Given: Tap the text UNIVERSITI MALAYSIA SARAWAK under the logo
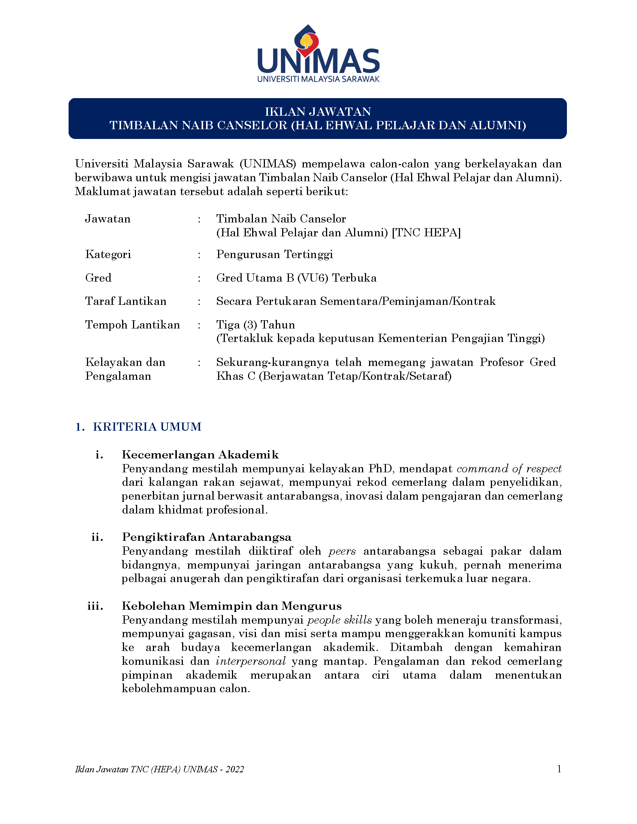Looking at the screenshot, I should click(x=318, y=79).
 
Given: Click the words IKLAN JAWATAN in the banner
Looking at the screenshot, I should click(x=318, y=112).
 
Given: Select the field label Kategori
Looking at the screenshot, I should click(x=108, y=254).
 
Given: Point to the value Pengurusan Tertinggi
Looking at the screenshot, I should click(x=274, y=254).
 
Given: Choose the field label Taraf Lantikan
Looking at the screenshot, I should click(x=126, y=301).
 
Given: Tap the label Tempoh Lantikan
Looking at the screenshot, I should click(x=132, y=325).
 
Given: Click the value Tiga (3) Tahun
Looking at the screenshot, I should click(x=256, y=325).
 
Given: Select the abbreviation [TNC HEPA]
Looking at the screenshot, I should click(x=426, y=233).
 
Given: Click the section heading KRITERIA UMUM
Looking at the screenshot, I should click(x=147, y=427).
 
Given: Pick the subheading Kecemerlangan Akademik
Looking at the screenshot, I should click(x=200, y=455).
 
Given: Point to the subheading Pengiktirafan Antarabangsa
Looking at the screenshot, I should click(x=206, y=537).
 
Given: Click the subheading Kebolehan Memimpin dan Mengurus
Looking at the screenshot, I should click(x=231, y=606).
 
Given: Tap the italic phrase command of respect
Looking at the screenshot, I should click(x=509, y=469).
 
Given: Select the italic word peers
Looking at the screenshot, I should click(x=342, y=551).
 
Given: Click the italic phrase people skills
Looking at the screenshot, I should click(x=339, y=620).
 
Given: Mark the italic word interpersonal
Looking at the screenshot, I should click(x=251, y=661).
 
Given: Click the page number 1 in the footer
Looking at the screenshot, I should click(x=559, y=769).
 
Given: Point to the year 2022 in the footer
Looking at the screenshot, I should click(x=235, y=769).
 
